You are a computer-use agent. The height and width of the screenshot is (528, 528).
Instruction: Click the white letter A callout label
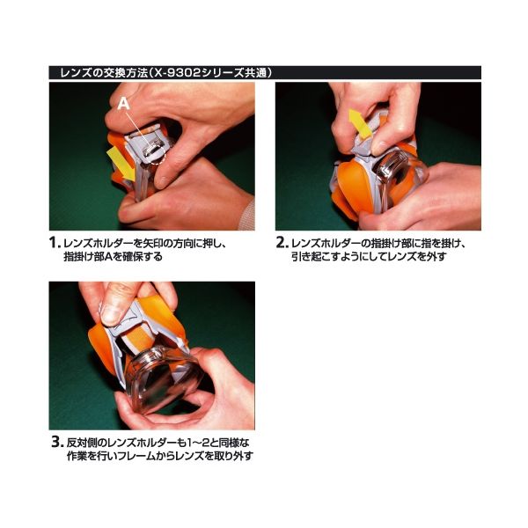(123, 103)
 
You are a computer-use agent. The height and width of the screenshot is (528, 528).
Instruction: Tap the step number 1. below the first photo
(55, 243)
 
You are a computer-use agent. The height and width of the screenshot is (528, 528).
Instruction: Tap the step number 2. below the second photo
(282, 243)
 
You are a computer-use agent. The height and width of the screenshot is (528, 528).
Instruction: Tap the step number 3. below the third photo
(57, 442)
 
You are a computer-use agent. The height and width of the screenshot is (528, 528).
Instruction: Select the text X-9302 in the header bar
(175, 73)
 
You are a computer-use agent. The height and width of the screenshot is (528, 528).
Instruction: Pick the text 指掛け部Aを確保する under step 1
(113, 257)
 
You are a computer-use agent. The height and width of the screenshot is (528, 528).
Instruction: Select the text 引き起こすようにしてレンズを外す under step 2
(369, 257)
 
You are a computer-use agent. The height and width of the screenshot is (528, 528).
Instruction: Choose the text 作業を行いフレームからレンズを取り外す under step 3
(160, 456)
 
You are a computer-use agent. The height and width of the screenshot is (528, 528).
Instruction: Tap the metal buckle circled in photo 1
(152, 149)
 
